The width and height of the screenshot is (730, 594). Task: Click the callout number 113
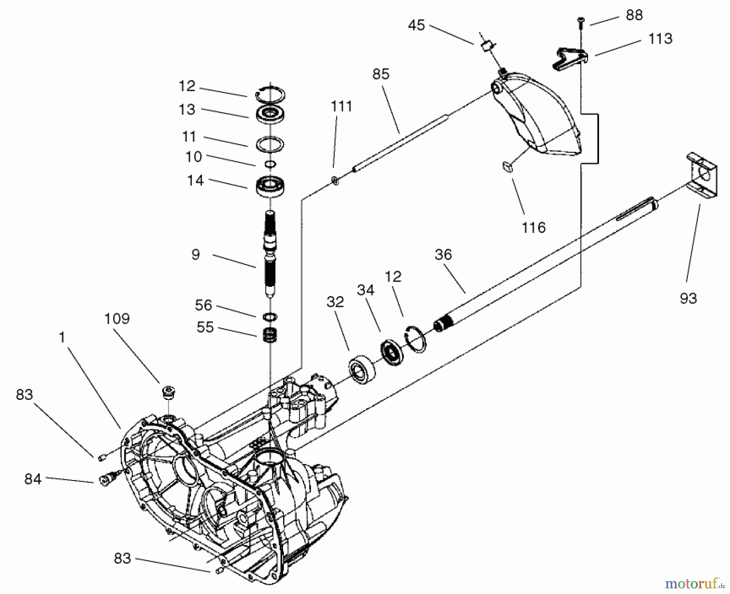tap(660, 39)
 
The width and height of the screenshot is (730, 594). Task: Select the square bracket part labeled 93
tap(702, 175)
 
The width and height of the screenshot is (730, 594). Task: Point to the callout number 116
tap(533, 228)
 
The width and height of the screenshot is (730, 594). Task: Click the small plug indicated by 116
tap(507, 166)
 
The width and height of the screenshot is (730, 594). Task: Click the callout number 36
tap(443, 255)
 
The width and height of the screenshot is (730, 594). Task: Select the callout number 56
tap(203, 305)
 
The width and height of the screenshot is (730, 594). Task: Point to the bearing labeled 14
tap(270, 187)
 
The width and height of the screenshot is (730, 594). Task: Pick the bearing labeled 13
tap(270, 113)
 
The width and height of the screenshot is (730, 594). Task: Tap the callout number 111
tap(341, 107)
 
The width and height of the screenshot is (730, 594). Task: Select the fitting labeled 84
tap(106, 481)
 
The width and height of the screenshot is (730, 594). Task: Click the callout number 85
tap(380, 74)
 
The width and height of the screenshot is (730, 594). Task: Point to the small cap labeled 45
tap(487, 46)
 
